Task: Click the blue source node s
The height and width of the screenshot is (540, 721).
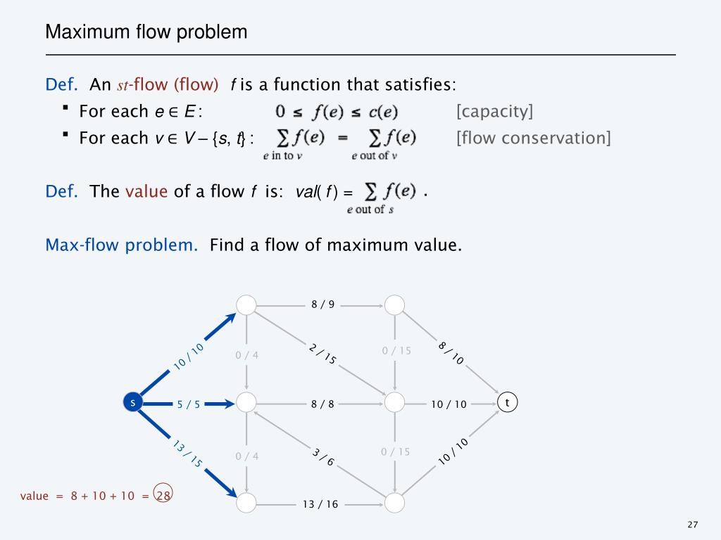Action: click(x=132, y=402)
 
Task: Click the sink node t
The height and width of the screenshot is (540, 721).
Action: click(x=507, y=402)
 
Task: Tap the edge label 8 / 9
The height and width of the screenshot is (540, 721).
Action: click(x=323, y=304)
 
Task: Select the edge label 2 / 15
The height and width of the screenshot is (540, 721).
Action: click(x=322, y=354)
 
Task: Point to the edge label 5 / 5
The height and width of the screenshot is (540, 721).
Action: click(x=189, y=404)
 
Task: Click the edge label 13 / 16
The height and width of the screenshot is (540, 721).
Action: click(x=320, y=504)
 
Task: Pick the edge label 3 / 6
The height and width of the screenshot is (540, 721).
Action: click(x=323, y=457)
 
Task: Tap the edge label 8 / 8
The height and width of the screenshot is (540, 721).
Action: click(x=322, y=404)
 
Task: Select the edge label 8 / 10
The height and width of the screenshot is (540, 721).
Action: click(x=451, y=353)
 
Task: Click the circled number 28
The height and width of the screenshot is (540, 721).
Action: click(x=164, y=495)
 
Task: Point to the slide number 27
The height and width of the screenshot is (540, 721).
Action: click(x=693, y=525)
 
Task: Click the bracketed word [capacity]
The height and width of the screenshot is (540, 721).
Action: click(x=494, y=111)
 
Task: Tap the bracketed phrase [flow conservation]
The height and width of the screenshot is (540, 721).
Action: click(x=533, y=137)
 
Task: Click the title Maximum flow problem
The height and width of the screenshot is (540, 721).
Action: click(x=146, y=32)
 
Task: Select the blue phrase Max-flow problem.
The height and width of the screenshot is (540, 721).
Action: click(x=122, y=245)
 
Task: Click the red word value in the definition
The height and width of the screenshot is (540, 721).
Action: click(x=146, y=191)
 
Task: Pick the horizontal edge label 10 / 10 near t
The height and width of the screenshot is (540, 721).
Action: click(x=449, y=404)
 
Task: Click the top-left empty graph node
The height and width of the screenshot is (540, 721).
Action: click(x=246, y=304)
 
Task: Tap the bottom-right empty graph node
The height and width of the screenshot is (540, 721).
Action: click(x=394, y=502)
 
